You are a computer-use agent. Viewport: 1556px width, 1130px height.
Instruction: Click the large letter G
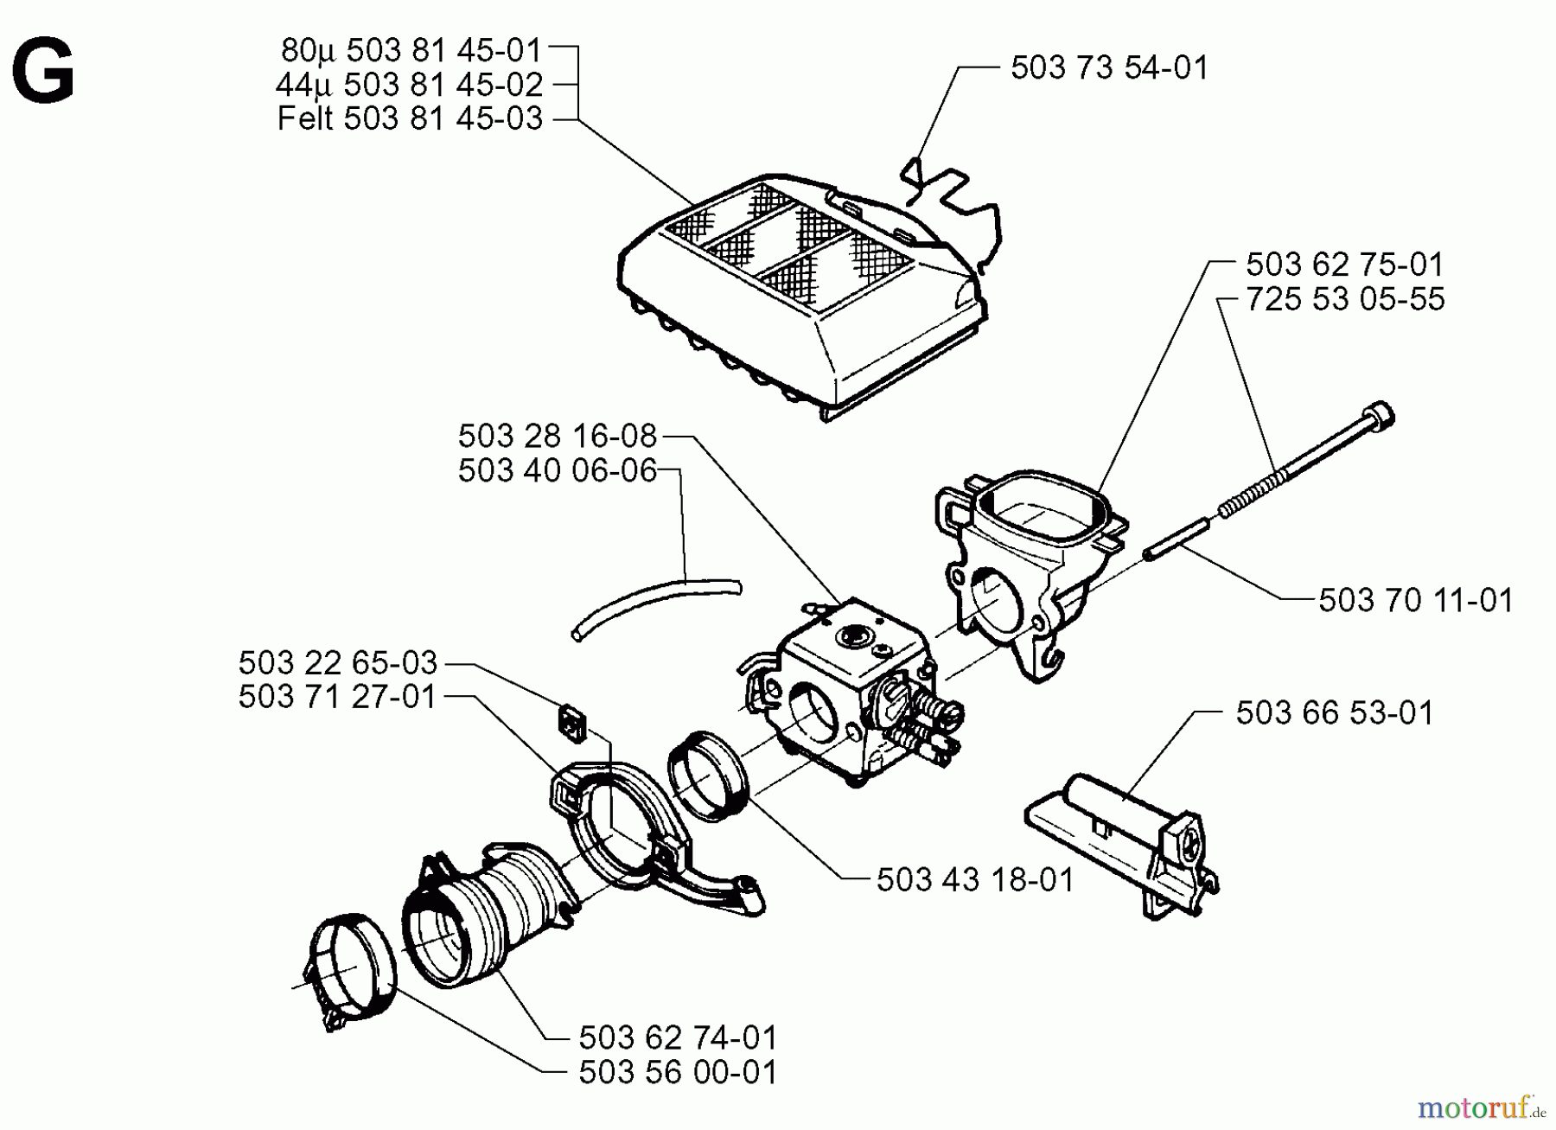pyautogui.click(x=43, y=73)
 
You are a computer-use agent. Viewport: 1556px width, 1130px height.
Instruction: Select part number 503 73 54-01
pyautogui.click(x=1109, y=67)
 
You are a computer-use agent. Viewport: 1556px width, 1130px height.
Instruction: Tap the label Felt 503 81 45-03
pyautogui.click(x=410, y=118)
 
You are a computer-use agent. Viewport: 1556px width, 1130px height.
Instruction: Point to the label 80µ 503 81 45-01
pyautogui.click(x=411, y=50)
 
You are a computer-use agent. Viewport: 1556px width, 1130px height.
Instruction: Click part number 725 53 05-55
pyautogui.click(x=1345, y=299)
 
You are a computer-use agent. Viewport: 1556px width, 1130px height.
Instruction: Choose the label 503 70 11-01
pyautogui.click(x=1416, y=600)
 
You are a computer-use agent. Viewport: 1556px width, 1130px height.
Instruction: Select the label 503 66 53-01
pyautogui.click(x=1335, y=713)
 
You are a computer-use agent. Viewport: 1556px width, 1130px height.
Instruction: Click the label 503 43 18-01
pyautogui.click(x=975, y=880)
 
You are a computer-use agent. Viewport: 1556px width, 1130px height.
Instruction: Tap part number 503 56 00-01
pyautogui.click(x=678, y=1073)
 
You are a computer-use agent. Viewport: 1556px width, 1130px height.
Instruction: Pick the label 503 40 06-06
pyautogui.click(x=558, y=471)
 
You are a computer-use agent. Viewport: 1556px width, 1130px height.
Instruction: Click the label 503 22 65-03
pyautogui.click(x=338, y=663)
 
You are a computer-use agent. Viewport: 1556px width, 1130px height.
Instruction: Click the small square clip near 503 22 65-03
pyautogui.click(x=571, y=720)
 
